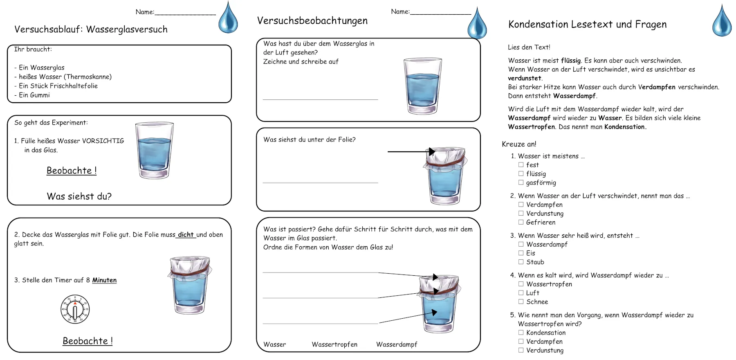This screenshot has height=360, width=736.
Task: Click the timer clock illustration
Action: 75,309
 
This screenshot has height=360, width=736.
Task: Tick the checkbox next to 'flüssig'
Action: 521,173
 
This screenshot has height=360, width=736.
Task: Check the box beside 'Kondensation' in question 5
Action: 521,333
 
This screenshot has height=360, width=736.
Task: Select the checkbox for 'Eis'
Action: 521,253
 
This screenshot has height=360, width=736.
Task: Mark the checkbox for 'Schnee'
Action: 521,301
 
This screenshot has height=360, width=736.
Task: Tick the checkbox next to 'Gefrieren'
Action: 521,222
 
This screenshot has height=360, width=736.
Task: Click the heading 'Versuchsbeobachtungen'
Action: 312,20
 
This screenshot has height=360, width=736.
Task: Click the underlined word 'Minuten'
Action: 104,280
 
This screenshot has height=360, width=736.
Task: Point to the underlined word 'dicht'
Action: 186,234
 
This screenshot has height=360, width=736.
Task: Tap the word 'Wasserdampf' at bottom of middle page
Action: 397,344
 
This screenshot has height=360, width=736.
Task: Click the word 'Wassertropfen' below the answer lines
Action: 334,344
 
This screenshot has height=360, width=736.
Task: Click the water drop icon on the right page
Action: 722,21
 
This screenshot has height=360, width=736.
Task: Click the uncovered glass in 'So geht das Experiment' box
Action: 154,150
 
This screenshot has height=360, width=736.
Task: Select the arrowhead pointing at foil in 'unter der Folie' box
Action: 432,152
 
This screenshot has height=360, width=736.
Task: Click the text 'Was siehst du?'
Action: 79,196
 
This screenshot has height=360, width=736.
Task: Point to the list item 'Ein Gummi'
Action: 34,95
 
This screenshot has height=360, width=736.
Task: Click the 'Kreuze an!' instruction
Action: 519,144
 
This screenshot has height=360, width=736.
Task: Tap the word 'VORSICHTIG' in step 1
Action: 103,141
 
